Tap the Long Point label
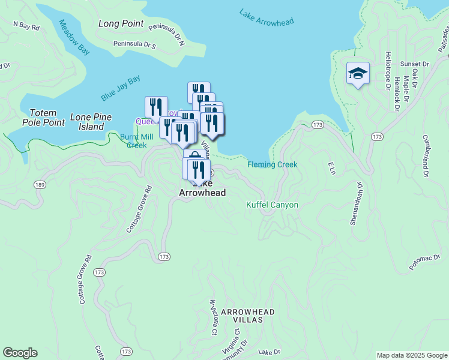121,23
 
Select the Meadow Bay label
74,37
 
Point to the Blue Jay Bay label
120,88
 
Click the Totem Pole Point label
43,118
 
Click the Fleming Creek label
273,164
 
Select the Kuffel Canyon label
273,205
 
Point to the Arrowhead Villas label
248,316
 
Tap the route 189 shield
40,184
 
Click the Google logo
20,353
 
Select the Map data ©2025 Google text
412,355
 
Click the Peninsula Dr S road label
134,46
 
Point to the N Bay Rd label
26,26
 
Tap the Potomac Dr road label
425,263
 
